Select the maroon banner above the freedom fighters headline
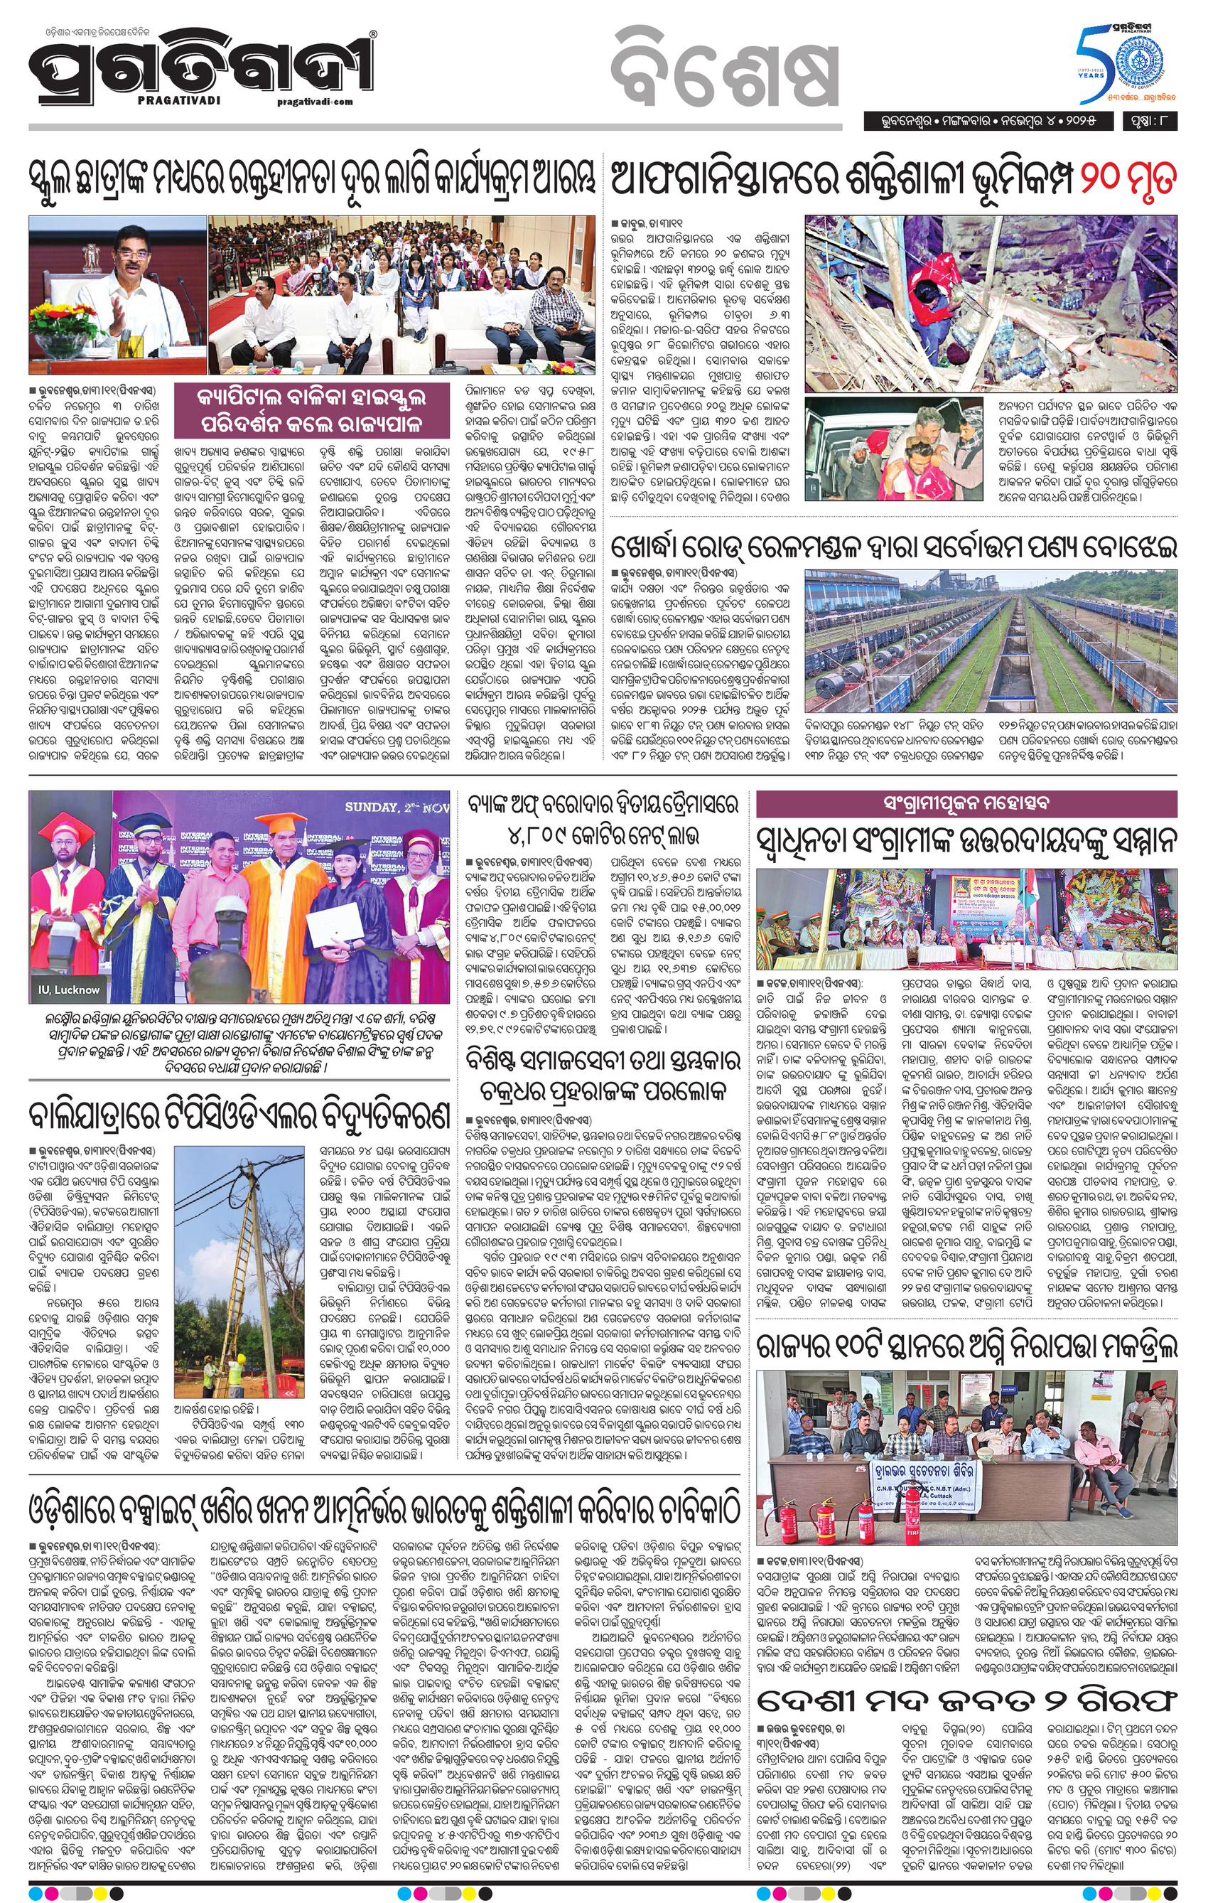click(966, 805)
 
